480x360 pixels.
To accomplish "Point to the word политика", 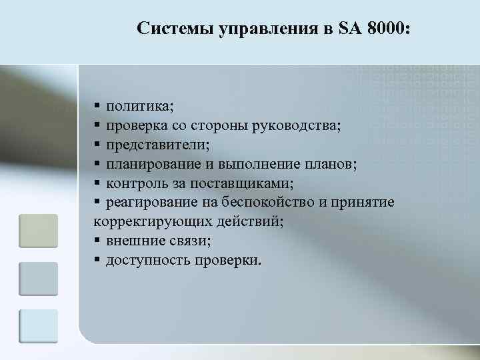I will pos(139,106).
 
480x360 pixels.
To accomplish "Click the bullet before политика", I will pos(97,106).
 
